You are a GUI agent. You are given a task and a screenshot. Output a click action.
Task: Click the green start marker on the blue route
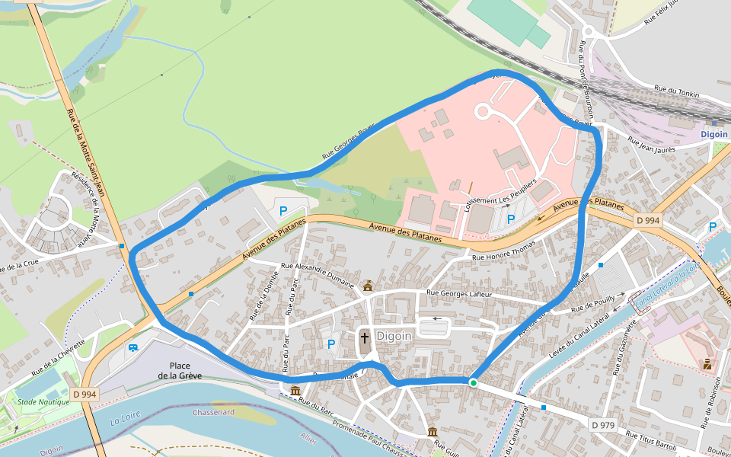[473, 382]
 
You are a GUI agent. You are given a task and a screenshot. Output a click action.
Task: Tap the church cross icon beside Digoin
[364, 337]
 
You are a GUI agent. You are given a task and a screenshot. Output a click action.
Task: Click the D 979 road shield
[602, 424]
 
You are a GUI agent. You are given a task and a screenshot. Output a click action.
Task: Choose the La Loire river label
[126, 420]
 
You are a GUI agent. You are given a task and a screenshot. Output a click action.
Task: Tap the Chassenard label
[213, 412]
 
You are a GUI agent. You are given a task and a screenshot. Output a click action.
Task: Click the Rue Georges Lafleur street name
[460, 293]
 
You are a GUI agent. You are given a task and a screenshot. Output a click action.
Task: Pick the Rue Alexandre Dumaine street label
[318, 275]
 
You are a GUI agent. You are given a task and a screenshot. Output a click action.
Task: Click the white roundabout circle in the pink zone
[482, 112]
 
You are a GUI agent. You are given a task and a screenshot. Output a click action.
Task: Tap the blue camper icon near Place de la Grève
[133, 348]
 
